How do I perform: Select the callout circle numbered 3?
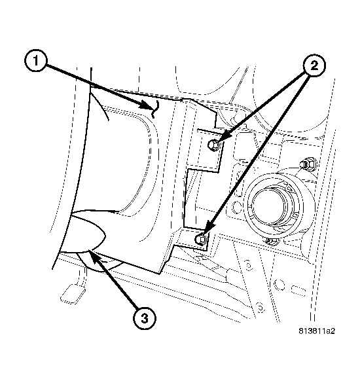(145, 319)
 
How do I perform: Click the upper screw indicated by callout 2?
(213, 145)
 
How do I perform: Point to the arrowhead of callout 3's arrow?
(92, 256)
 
